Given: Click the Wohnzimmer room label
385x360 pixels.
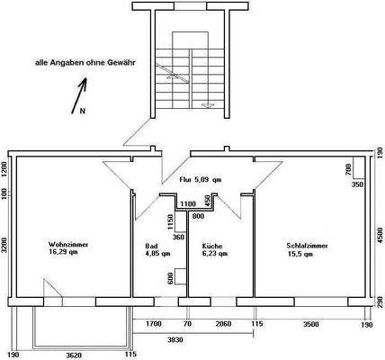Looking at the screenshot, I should tap(68, 245).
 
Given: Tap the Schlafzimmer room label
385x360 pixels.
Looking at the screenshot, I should tap(307, 245).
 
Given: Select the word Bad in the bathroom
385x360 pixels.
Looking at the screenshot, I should tap(150, 245).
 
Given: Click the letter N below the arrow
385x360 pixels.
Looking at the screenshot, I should tap(82, 112).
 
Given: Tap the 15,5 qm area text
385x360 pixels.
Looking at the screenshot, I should tap(300, 255).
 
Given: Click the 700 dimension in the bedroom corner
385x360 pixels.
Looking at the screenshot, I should tap(348, 169).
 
